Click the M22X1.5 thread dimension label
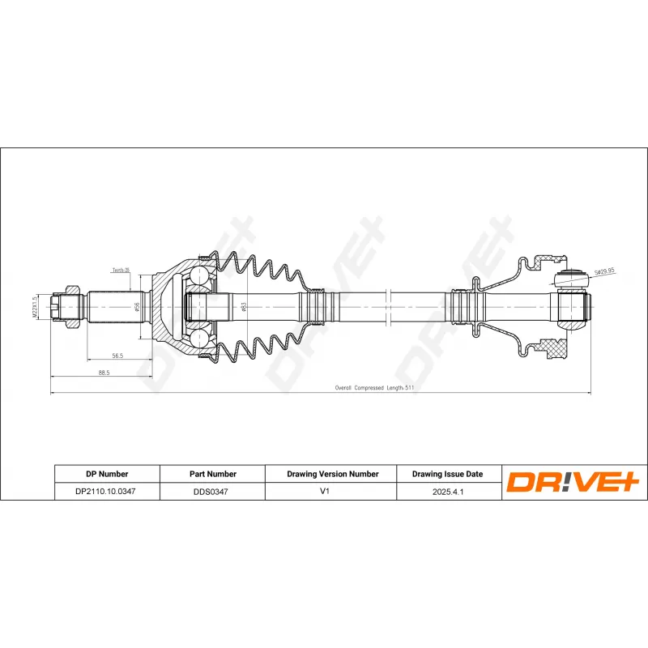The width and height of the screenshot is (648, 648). (35, 308)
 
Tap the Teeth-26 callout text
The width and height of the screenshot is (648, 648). (120, 271)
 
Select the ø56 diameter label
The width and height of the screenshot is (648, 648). (137, 306)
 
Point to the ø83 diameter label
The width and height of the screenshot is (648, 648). (243, 307)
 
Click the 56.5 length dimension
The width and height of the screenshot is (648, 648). (117, 355)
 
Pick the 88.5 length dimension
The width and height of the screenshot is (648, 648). (104, 373)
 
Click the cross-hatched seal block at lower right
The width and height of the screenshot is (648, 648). (555, 349)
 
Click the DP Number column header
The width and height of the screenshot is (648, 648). (106, 474)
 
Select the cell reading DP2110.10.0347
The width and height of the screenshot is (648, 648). (106, 491)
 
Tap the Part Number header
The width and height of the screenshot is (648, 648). (212, 474)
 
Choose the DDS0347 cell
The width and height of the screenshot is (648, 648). (212, 491)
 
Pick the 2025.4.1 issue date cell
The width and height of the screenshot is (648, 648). (447, 491)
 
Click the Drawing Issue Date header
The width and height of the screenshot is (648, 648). (447, 474)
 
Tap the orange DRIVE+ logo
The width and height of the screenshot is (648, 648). (573, 483)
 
